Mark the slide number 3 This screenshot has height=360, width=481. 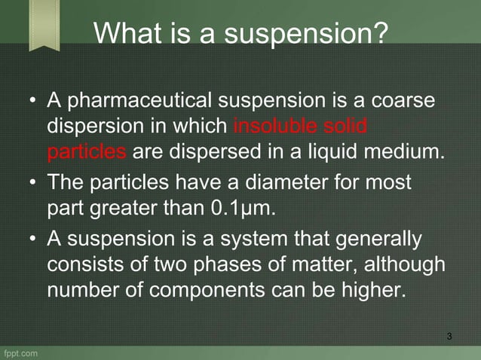(x=449, y=335)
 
